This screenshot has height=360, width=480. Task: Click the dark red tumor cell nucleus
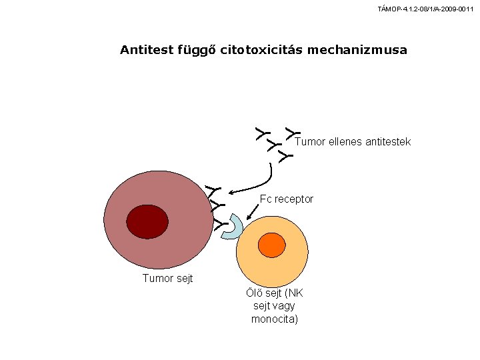[147, 221]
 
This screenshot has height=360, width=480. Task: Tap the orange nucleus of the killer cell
[272, 245]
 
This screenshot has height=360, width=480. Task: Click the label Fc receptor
[287, 199]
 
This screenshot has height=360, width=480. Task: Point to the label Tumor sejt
[168, 278]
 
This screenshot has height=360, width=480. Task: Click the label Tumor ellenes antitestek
[353, 142]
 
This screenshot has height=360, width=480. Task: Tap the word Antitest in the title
[147, 49]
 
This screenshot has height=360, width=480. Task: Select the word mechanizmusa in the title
[357, 50]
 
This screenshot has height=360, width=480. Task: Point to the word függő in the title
[197, 51]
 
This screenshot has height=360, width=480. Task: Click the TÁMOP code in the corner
[425, 9]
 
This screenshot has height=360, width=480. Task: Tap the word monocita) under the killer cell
[275, 319]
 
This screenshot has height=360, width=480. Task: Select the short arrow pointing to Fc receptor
[253, 212]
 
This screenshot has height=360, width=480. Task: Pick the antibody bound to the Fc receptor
[221, 225]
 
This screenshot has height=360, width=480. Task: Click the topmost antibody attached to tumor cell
[213, 191]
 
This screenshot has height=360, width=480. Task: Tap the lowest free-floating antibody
[285, 156]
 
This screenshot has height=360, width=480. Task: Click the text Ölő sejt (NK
[275, 293]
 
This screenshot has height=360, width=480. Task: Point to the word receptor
[294, 199]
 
